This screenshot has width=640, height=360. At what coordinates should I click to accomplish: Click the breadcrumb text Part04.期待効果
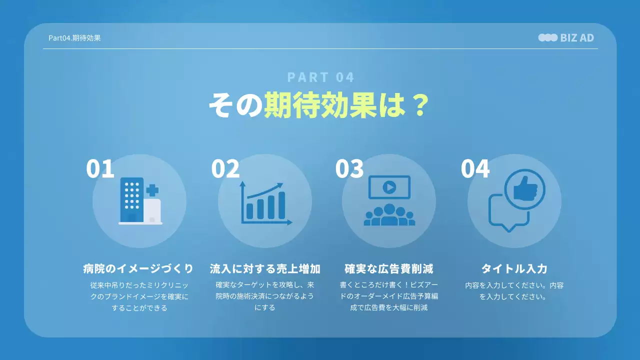74,37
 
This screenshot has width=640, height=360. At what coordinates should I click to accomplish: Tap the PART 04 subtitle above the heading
320,77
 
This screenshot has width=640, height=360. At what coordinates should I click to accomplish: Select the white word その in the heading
235,105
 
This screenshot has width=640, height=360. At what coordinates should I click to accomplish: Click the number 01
100,169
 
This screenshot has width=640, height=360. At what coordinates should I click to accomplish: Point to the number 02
225,169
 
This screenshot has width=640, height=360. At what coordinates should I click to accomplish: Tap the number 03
349,169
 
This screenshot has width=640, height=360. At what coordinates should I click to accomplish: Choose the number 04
475,169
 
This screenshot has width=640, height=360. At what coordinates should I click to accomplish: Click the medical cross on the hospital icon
152,190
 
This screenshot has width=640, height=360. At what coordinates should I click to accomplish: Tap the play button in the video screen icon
389,187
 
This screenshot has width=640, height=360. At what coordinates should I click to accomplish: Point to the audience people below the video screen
389,215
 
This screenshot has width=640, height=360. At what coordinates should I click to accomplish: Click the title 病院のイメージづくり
138,268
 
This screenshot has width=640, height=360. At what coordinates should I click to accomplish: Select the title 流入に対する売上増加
265,268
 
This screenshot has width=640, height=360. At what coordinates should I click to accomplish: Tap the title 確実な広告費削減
389,268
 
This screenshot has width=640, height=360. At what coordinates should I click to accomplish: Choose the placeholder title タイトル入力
514,268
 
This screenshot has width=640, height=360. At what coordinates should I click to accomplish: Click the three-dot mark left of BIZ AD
547,37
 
